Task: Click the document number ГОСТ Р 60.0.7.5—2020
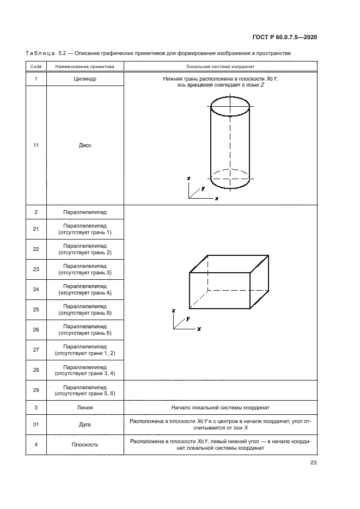coord(285,37)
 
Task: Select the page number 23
coord(313,463)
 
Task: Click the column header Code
coord(36,66)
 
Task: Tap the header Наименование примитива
coord(85,66)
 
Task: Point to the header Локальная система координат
coord(220,66)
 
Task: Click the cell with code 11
coord(36,145)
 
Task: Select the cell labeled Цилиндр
coord(85,79)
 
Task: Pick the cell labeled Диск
coord(85,145)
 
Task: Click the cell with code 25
coord(36,310)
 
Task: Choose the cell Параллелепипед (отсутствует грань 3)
coord(85,269)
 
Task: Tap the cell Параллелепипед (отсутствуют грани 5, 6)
coord(85,390)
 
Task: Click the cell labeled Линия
coord(85,407)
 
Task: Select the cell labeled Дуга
coord(85,425)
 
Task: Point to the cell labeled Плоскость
coord(85,445)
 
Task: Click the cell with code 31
coord(36,425)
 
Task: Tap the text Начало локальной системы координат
coord(220,407)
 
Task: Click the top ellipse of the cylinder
coord(230,97)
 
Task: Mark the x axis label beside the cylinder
coord(217,198)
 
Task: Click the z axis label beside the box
coord(174,311)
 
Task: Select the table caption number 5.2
coord(62,53)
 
